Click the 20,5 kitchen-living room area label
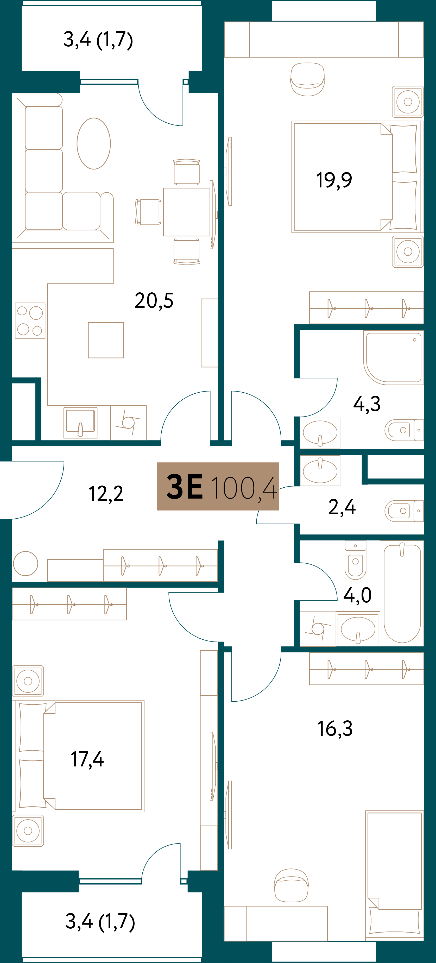[154, 301]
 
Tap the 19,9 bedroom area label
[334, 180]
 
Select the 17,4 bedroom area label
[87, 760]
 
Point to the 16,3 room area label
[335, 729]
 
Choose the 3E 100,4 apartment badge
[218, 486]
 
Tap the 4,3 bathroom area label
[367, 404]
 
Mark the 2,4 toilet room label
[342, 507]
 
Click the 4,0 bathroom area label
[357, 595]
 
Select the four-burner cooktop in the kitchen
[30, 320]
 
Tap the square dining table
[187, 212]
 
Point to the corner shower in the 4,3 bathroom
[393, 358]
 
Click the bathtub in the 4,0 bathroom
[402, 593]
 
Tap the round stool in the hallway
[26, 563]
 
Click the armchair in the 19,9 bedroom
[307, 79]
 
